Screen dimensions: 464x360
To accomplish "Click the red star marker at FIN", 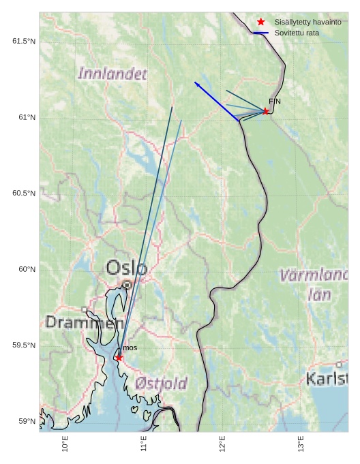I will tap(265, 111).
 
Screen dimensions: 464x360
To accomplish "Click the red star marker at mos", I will tap(119, 358).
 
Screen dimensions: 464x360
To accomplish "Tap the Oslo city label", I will tap(126, 268).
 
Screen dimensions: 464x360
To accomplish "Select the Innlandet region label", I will tap(112, 74).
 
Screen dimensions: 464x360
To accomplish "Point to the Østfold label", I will tap(161, 384).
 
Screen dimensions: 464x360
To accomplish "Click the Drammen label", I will tap(75, 322).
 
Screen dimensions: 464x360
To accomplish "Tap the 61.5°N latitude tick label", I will tap(23, 42).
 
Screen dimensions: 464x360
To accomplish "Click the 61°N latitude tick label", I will tap(27, 118).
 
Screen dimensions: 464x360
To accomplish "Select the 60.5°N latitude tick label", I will tap(23, 194).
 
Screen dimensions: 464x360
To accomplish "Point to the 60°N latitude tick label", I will tap(27, 269).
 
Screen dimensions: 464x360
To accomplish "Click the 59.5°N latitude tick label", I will tap(23, 345).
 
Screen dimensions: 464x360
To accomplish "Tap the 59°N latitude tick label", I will tap(27, 421).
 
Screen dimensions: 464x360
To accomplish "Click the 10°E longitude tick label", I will tap(65, 444).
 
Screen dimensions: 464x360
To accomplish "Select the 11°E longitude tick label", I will tap(144, 444).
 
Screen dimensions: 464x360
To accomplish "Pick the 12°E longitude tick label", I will tap(222, 444).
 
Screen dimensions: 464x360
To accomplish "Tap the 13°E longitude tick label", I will tap(301, 444).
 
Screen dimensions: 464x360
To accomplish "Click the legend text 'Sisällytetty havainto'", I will tap(307, 22).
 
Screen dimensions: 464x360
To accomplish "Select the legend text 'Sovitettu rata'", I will tap(297, 33).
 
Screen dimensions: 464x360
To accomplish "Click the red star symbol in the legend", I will tap(260, 22).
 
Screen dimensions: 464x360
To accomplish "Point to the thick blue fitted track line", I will tap(217, 102).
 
